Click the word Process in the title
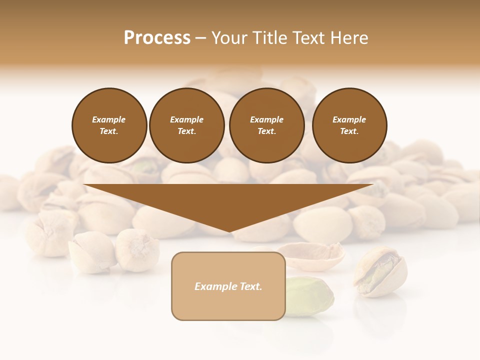click(157, 38)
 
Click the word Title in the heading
click(270, 38)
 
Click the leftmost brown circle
click(109, 125)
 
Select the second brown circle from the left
click(186, 125)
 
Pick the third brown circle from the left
click(266, 125)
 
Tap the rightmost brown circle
click(349, 125)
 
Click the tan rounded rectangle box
click(228, 286)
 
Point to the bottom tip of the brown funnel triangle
click(229, 231)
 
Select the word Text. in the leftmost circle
click(109, 131)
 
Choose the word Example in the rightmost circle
click(349, 119)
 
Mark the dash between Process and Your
click(200, 38)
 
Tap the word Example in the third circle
click(266, 119)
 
